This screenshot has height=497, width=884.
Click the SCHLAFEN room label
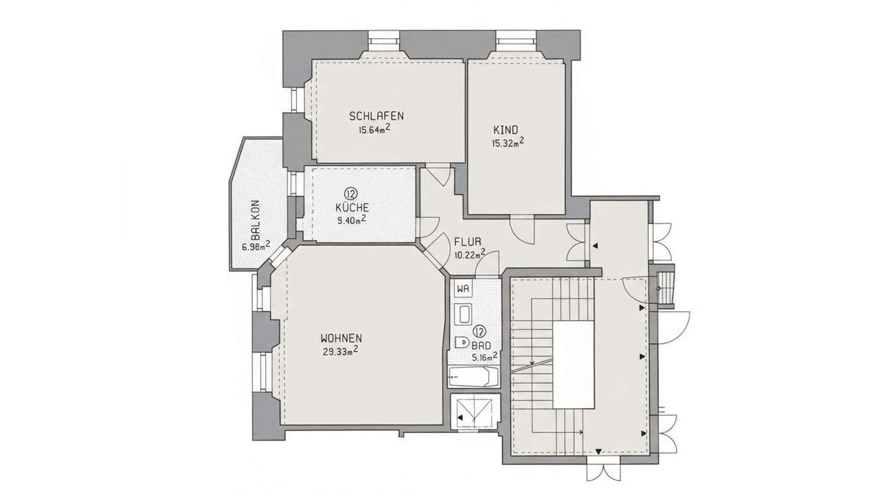point(376,116)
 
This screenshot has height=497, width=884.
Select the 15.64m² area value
point(374,129)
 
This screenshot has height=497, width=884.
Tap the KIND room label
point(506,129)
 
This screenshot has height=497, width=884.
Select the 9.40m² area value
point(352,219)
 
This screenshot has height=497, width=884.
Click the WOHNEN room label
point(341,338)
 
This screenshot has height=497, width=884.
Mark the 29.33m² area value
point(339,352)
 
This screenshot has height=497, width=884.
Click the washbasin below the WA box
point(463,315)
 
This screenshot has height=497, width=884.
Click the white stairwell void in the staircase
point(574,365)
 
